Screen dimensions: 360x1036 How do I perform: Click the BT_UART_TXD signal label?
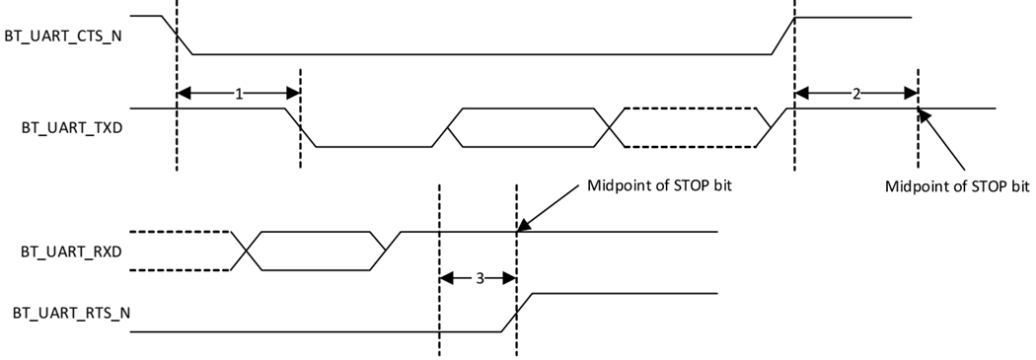pyautogui.click(x=65, y=126)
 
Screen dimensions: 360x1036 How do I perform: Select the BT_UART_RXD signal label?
pyautogui.click(x=65, y=251)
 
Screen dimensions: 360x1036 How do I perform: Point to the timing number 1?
pyautogui.click(x=238, y=93)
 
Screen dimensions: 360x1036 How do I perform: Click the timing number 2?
pyautogui.click(x=855, y=93)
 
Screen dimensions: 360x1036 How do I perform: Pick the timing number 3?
pyautogui.click(x=479, y=279)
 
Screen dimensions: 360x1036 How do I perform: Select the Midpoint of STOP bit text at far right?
pyautogui.click(x=957, y=185)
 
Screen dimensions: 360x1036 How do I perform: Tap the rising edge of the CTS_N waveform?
pyautogui.click(x=784, y=36)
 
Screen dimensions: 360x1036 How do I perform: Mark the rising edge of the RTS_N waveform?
pyautogui.click(x=518, y=313)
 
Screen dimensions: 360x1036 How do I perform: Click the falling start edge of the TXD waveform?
pyautogui.click(x=301, y=127)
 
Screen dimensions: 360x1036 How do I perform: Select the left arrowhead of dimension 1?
pyautogui.click(x=184, y=93)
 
